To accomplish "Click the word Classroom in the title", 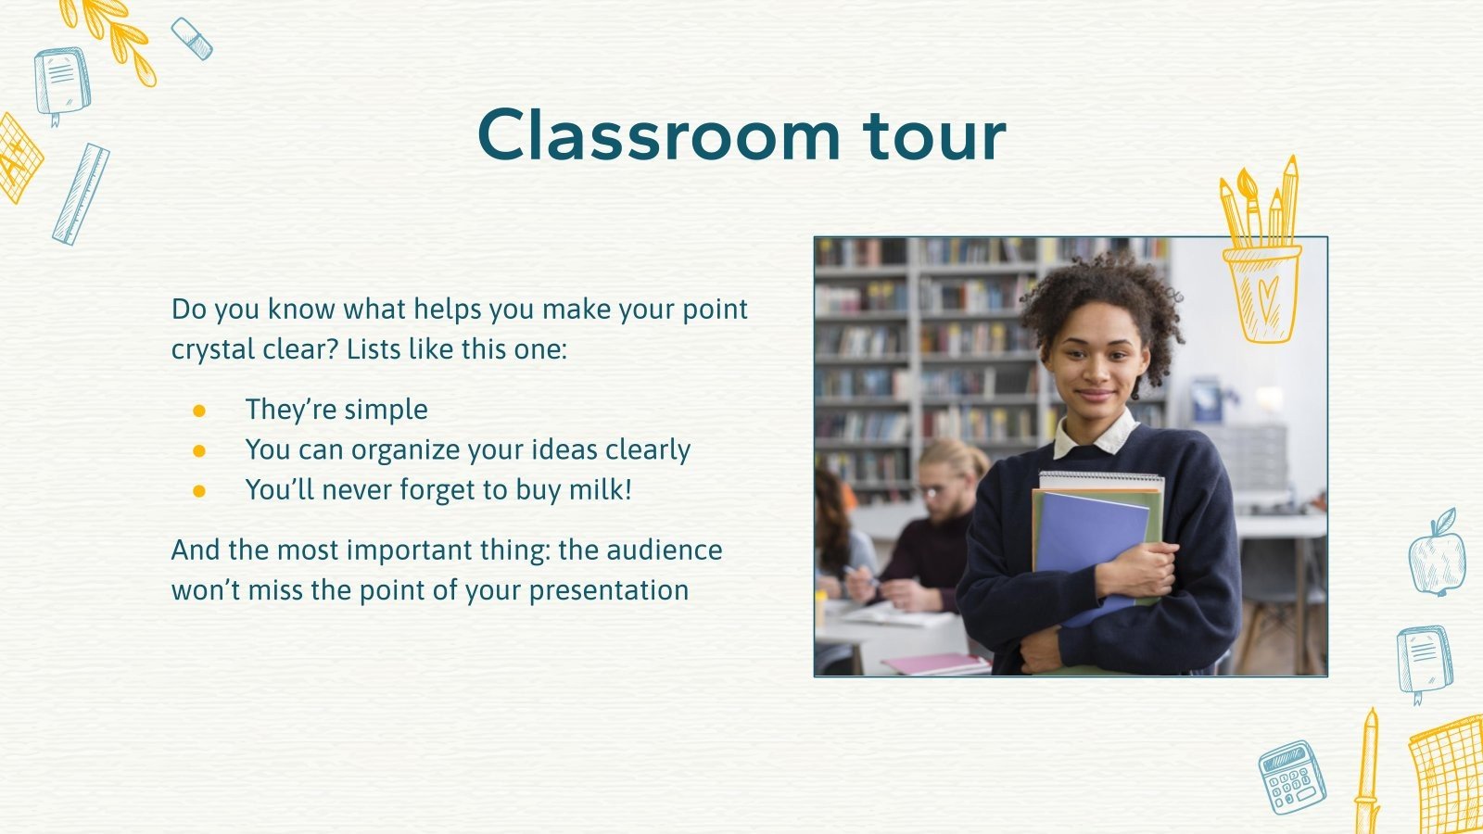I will pos(658,135).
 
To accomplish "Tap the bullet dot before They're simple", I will pos(199,410).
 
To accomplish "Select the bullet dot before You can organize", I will pos(199,450).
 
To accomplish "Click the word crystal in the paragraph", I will pos(212,349).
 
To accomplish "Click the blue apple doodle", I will pos(1437,556).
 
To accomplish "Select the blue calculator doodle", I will pos(1291,777).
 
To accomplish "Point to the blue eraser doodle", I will pos(192,38).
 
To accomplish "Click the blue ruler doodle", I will pos(81,194).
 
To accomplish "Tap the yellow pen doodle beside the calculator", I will pos(1367,769).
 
